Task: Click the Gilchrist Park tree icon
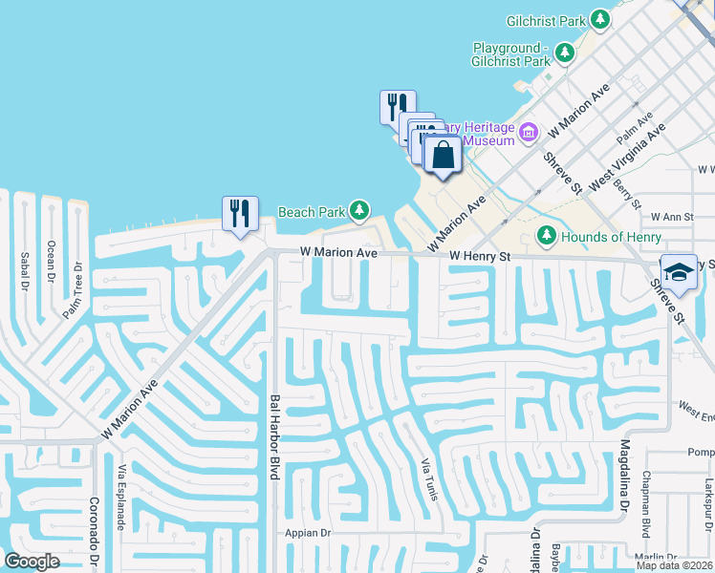point(600,18)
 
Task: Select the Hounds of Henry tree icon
point(547,235)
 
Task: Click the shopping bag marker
point(443,155)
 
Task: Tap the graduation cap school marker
point(679,271)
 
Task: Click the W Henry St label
point(480,256)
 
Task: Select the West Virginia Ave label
point(628,154)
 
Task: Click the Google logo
point(32,562)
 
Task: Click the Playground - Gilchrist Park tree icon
point(565,52)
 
